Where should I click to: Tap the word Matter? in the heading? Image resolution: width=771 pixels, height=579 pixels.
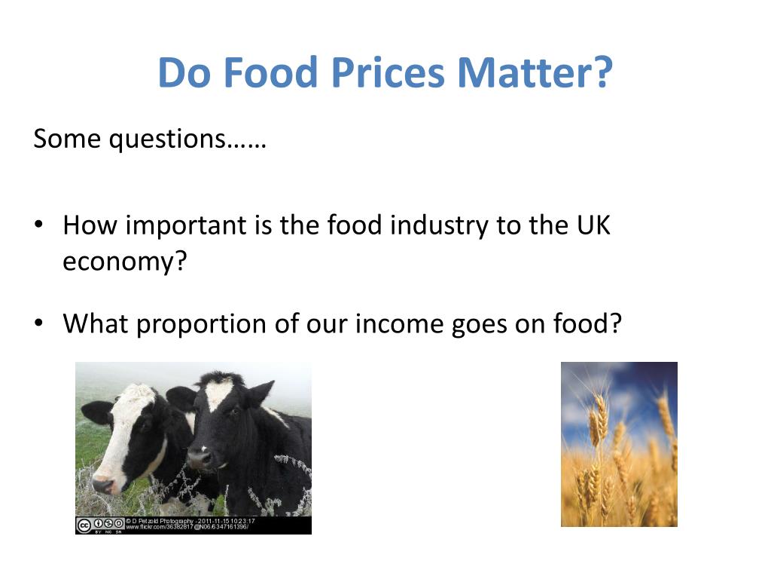pyautogui.click(x=536, y=73)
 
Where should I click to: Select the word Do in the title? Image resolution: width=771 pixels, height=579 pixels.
pyautogui.click(x=181, y=73)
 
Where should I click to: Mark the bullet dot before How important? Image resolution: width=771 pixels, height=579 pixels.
pyautogui.click(x=39, y=226)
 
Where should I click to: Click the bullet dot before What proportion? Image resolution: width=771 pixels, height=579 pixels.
pyautogui.click(x=39, y=324)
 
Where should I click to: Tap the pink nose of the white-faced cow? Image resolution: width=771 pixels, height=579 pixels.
pyautogui.click(x=102, y=484)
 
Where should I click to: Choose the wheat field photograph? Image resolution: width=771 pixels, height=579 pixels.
pyautogui.click(x=619, y=444)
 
